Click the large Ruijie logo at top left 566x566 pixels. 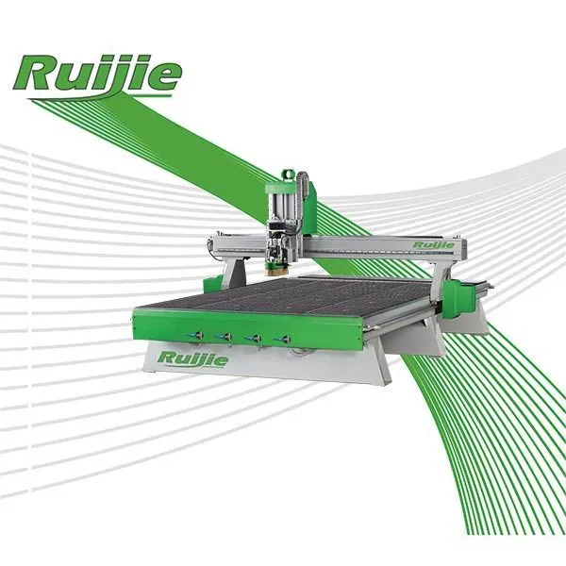(x=97, y=76)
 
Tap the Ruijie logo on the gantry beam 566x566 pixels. (x=434, y=245)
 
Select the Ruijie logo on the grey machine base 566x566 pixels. (x=193, y=359)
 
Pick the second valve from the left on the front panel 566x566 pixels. (x=225, y=337)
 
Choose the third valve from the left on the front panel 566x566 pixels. (x=254, y=339)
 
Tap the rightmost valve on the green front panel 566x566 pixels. (x=283, y=339)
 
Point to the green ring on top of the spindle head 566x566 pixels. (x=288, y=174)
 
